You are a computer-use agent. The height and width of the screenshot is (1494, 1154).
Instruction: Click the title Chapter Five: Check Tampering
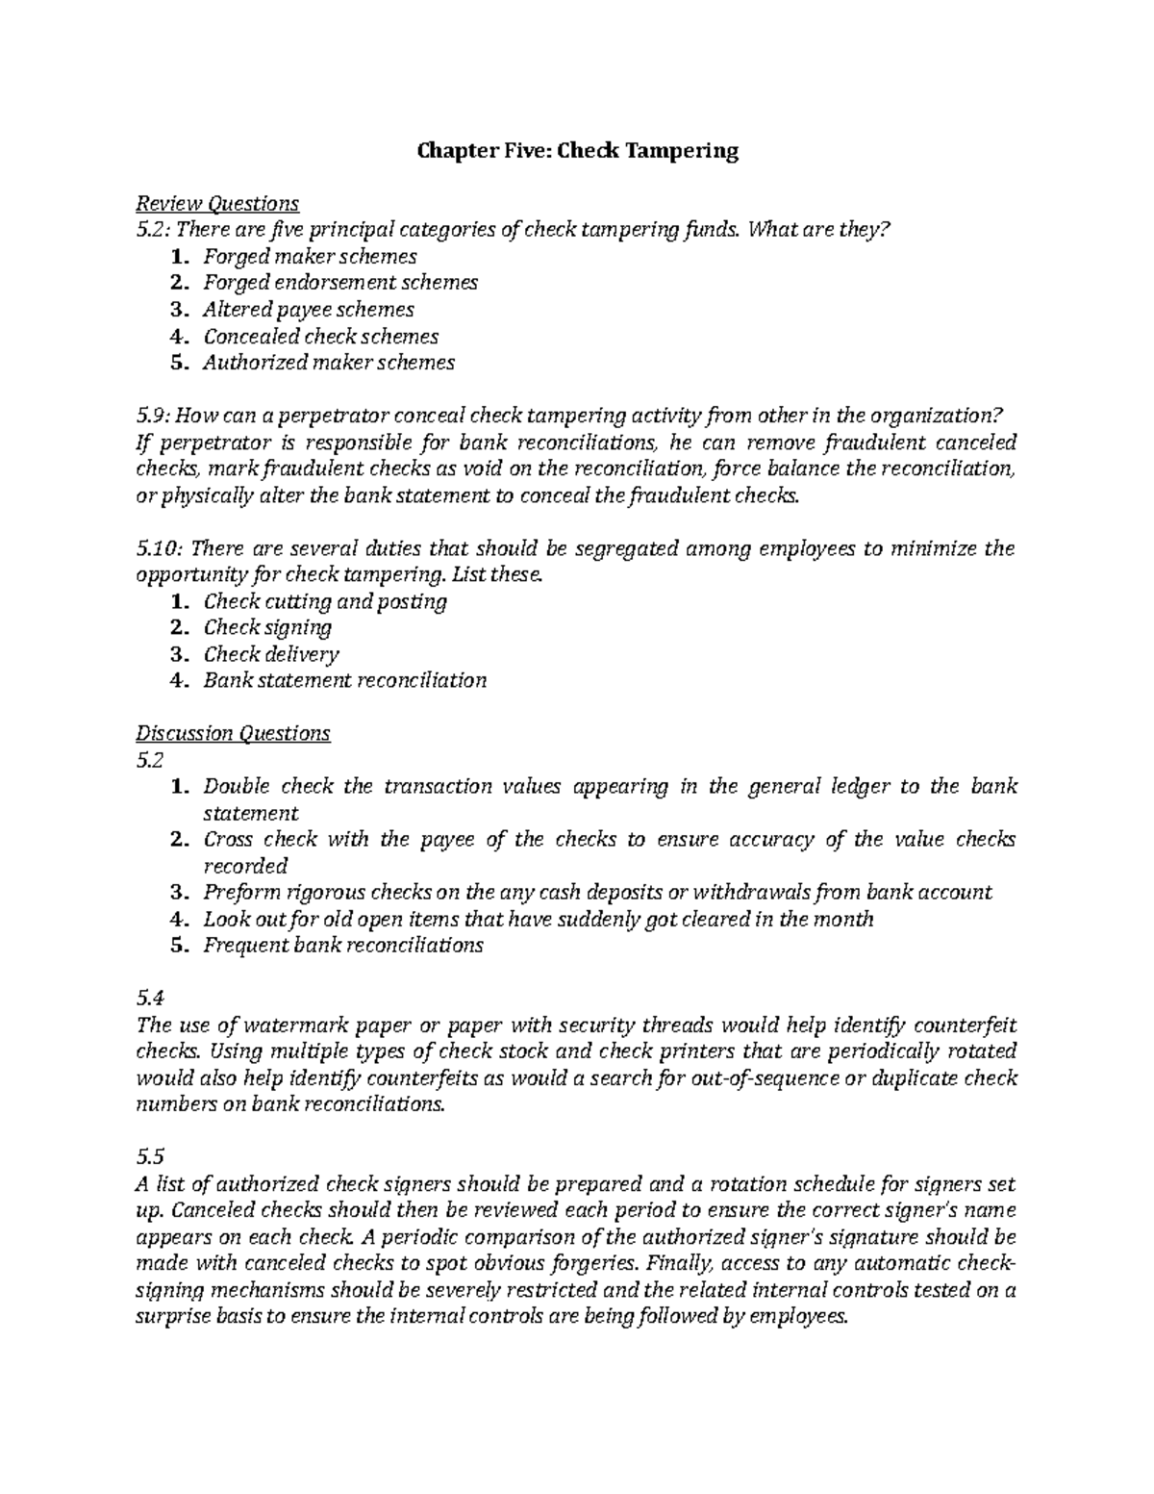click(576, 151)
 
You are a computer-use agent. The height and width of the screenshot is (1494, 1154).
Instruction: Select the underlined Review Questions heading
click(217, 203)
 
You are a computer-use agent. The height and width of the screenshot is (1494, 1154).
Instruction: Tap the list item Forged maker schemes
click(309, 257)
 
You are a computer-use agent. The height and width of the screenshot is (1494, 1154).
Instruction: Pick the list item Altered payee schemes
click(308, 310)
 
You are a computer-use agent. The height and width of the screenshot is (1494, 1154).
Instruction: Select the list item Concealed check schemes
click(320, 337)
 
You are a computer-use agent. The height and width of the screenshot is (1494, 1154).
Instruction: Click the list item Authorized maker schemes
click(328, 363)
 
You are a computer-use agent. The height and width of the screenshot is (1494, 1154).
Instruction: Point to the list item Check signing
click(266, 627)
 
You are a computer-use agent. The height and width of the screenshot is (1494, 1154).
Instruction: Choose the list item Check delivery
click(270, 654)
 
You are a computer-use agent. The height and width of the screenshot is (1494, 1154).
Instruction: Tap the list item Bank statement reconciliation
click(344, 680)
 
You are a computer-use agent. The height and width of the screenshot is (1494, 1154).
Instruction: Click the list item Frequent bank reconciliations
click(342, 945)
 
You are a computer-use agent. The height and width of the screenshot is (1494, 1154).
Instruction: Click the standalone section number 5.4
click(150, 998)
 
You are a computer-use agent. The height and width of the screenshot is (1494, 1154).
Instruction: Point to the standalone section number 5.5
click(150, 1157)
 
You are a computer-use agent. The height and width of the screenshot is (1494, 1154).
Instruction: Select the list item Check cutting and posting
click(324, 601)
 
